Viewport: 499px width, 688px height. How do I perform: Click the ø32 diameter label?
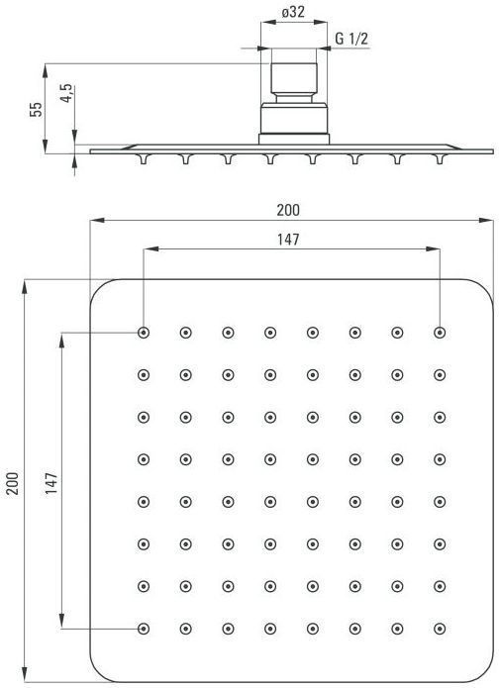[x=293, y=12]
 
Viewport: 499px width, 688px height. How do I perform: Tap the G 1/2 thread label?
[x=351, y=39]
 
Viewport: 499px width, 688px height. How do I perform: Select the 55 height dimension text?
[x=37, y=109]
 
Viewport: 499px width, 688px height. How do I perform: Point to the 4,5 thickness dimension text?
[x=66, y=93]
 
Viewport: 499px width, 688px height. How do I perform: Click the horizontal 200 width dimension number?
[x=288, y=210]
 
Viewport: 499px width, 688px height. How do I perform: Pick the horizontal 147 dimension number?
[x=288, y=240]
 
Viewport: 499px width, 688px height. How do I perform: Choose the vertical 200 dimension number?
[x=13, y=483]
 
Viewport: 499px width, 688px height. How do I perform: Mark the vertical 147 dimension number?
[x=51, y=483]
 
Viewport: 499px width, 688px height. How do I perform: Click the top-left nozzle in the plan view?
[x=144, y=333]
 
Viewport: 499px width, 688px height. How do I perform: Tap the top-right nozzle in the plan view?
[x=440, y=333]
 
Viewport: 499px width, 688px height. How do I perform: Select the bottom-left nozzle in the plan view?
[x=144, y=629]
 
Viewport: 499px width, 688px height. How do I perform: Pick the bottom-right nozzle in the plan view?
[x=440, y=629]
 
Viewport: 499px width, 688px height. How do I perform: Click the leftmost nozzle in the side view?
[x=144, y=158]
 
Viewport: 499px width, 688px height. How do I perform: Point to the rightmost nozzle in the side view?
[x=440, y=158]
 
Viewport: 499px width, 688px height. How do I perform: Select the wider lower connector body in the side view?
[x=294, y=118]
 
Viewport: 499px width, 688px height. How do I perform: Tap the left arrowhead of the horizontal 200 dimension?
[x=97, y=220]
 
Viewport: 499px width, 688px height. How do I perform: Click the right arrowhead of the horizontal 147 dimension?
[x=433, y=249]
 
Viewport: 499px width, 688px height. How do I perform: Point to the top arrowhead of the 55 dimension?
[x=46, y=71]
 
